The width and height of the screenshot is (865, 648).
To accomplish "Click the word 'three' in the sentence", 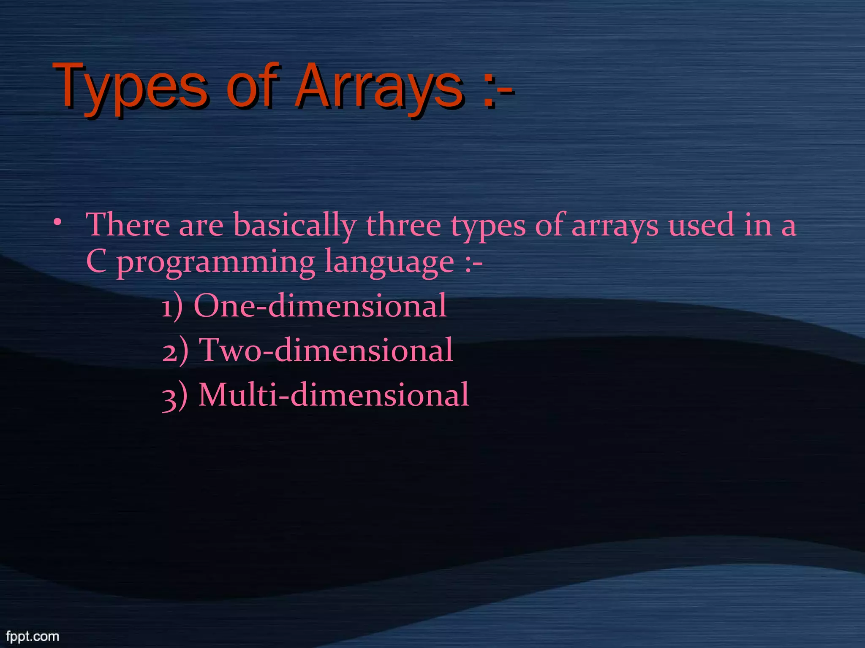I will [403, 224].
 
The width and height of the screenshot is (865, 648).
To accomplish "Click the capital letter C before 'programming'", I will [96, 261].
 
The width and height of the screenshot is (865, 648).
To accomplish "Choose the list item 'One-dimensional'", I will [320, 305].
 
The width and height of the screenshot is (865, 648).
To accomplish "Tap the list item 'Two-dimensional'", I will [326, 350].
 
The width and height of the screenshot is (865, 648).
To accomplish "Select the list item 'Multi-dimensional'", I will [333, 395].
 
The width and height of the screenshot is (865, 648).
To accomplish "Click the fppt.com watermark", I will [33, 636].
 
